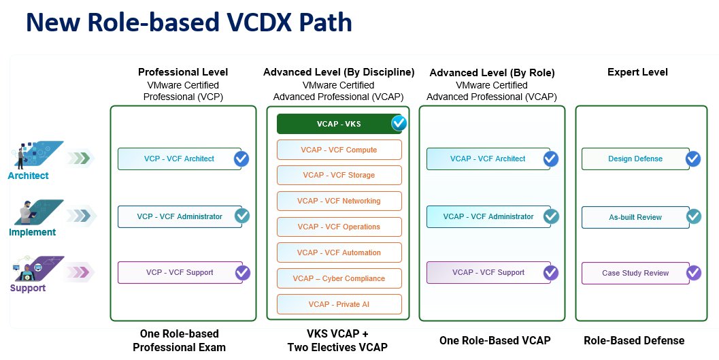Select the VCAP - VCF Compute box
[x=339, y=150]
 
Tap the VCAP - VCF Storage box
[x=339, y=175]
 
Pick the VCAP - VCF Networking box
[x=339, y=201]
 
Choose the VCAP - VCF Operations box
[x=339, y=227]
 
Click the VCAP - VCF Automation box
[x=339, y=252]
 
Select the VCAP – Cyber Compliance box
[x=339, y=278]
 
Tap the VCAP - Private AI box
[x=339, y=304]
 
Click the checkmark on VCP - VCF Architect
[x=241, y=159]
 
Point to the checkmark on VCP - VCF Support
[x=242, y=273]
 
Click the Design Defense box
[x=635, y=159]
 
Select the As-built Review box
[x=635, y=217]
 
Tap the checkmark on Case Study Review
[x=693, y=273]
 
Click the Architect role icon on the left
[x=37, y=154]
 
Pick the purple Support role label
[x=28, y=288]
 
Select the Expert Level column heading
[x=637, y=72]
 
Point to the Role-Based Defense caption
[x=634, y=340]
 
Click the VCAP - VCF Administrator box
[x=488, y=216]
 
